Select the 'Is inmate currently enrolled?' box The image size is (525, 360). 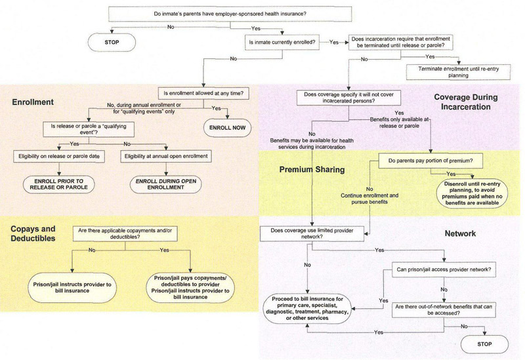pos(283,42)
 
